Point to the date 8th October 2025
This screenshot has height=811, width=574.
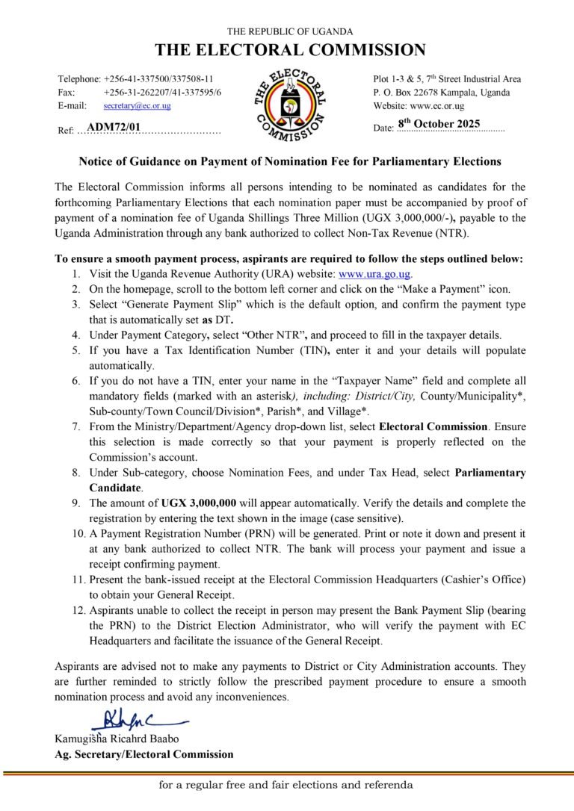click(x=439, y=124)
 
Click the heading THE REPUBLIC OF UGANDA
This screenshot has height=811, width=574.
click(x=290, y=31)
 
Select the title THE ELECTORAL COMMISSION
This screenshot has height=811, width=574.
click(x=290, y=51)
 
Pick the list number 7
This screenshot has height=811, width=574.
click(x=76, y=427)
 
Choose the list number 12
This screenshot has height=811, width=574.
click(x=77, y=610)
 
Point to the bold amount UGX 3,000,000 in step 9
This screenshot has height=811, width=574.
click(x=199, y=503)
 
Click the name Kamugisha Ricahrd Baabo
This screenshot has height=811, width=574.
click(x=117, y=739)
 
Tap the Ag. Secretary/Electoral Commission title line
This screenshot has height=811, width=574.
click(x=143, y=754)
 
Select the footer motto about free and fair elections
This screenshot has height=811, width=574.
click(x=286, y=786)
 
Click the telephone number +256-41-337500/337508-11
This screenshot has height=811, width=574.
click(x=159, y=79)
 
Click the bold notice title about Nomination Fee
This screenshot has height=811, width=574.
click(x=290, y=161)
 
